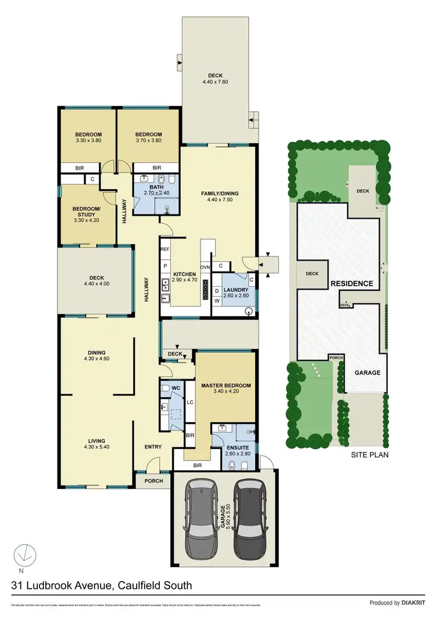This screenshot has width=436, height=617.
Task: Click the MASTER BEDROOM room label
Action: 226,386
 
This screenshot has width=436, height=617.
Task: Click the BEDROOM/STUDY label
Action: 86,209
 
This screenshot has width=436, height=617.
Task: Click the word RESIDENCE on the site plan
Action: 352,284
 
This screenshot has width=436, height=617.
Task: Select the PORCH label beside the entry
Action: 153,480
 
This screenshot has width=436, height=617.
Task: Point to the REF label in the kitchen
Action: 166,249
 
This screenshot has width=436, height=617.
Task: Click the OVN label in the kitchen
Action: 205,267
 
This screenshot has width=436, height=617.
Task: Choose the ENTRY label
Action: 152,447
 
